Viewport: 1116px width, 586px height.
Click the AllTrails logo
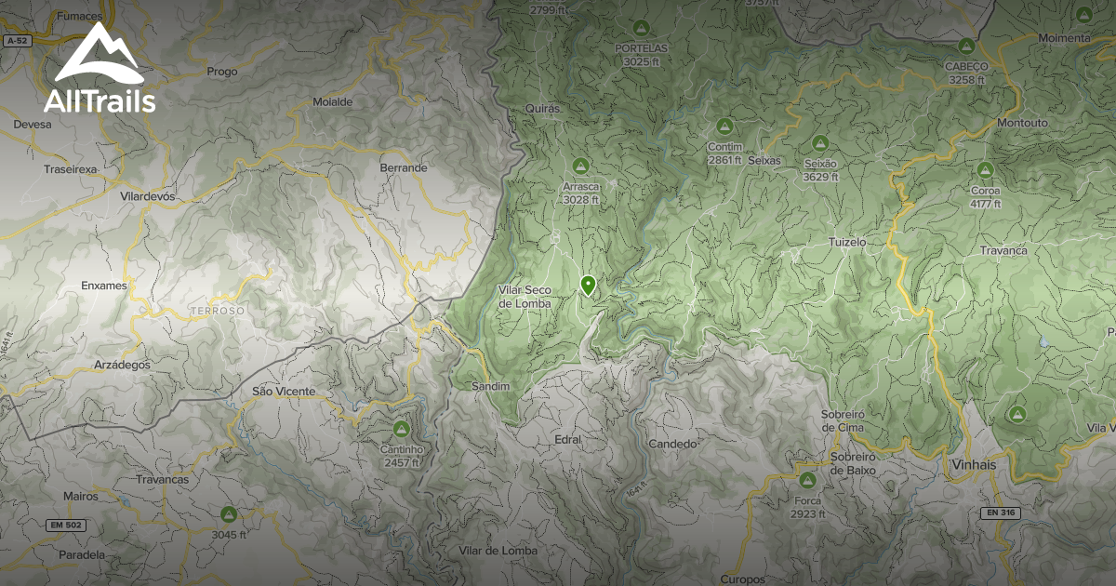(x=99, y=70)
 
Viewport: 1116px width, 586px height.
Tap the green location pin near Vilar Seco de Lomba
(x=588, y=285)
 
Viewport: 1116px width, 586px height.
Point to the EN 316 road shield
(x=1000, y=513)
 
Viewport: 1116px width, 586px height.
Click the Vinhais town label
(x=974, y=464)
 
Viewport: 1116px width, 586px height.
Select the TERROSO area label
(x=217, y=310)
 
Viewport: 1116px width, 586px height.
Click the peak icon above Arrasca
(x=581, y=166)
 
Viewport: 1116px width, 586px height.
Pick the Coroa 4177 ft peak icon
(x=985, y=169)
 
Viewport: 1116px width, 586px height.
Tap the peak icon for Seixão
(x=819, y=142)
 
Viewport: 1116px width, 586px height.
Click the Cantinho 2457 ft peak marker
(x=402, y=429)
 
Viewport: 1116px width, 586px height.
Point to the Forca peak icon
(x=807, y=479)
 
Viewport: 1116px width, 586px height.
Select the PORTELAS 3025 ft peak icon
(x=640, y=27)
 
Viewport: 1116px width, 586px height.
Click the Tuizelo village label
(x=846, y=242)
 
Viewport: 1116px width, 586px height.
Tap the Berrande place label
(x=404, y=168)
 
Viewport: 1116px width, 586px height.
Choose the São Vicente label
(x=284, y=392)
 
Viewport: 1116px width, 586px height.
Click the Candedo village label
(x=672, y=444)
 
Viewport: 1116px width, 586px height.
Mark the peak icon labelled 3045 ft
(x=228, y=513)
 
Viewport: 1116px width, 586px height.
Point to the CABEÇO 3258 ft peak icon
(x=965, y=46)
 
